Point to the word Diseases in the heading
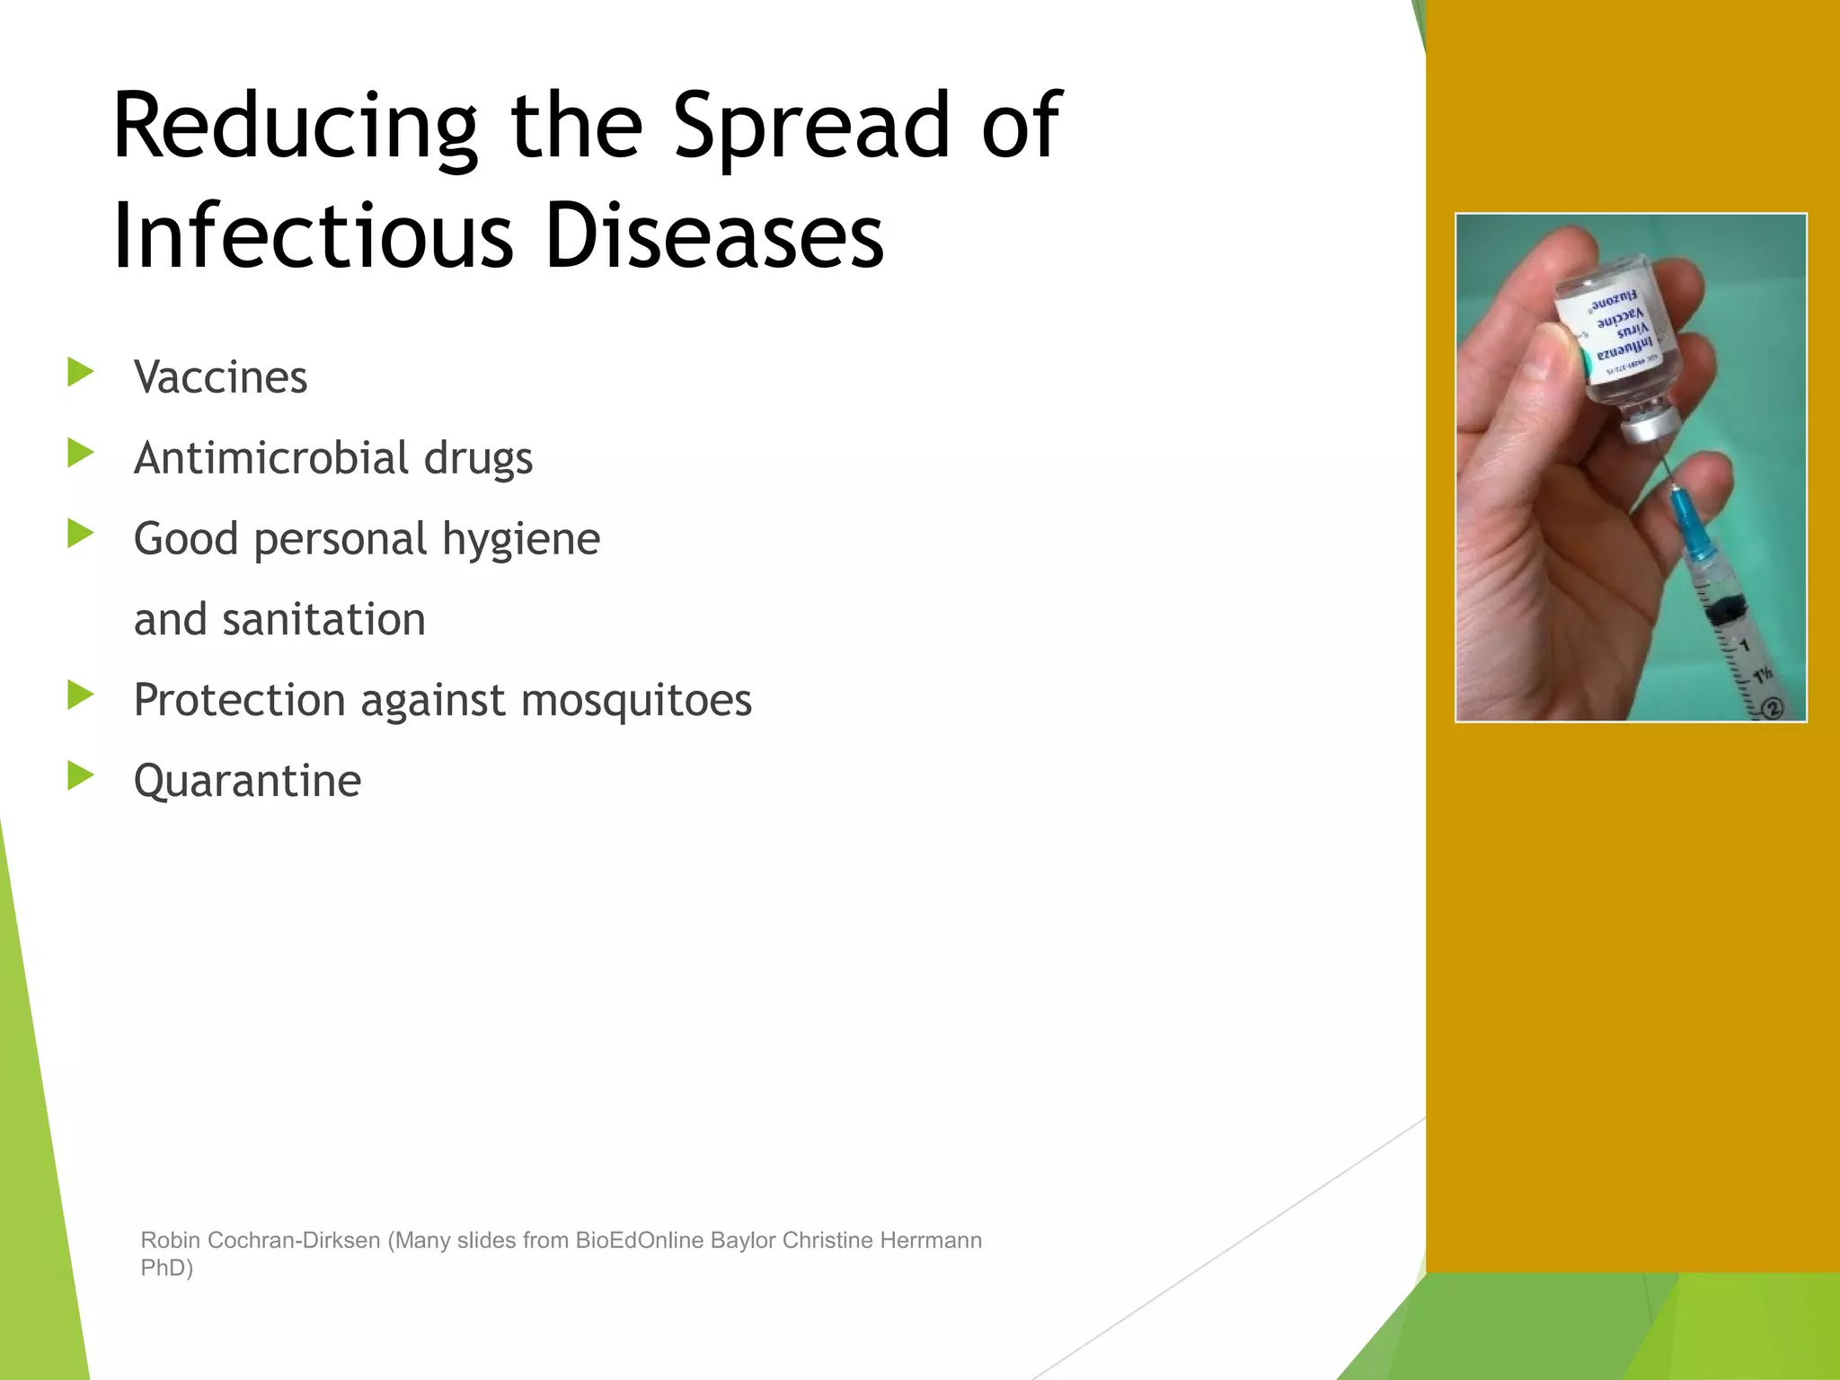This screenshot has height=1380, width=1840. pos(714,235)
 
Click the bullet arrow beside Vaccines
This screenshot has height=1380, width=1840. pos(80,372)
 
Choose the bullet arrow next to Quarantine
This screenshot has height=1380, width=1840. pos(80,775)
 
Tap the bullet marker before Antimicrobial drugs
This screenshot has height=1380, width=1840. pos(80,453)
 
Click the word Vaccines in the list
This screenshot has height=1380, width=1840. pos(220,377)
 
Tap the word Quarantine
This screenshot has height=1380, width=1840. pos(247,781)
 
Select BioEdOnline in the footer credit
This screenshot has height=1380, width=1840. pos(639,1240)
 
